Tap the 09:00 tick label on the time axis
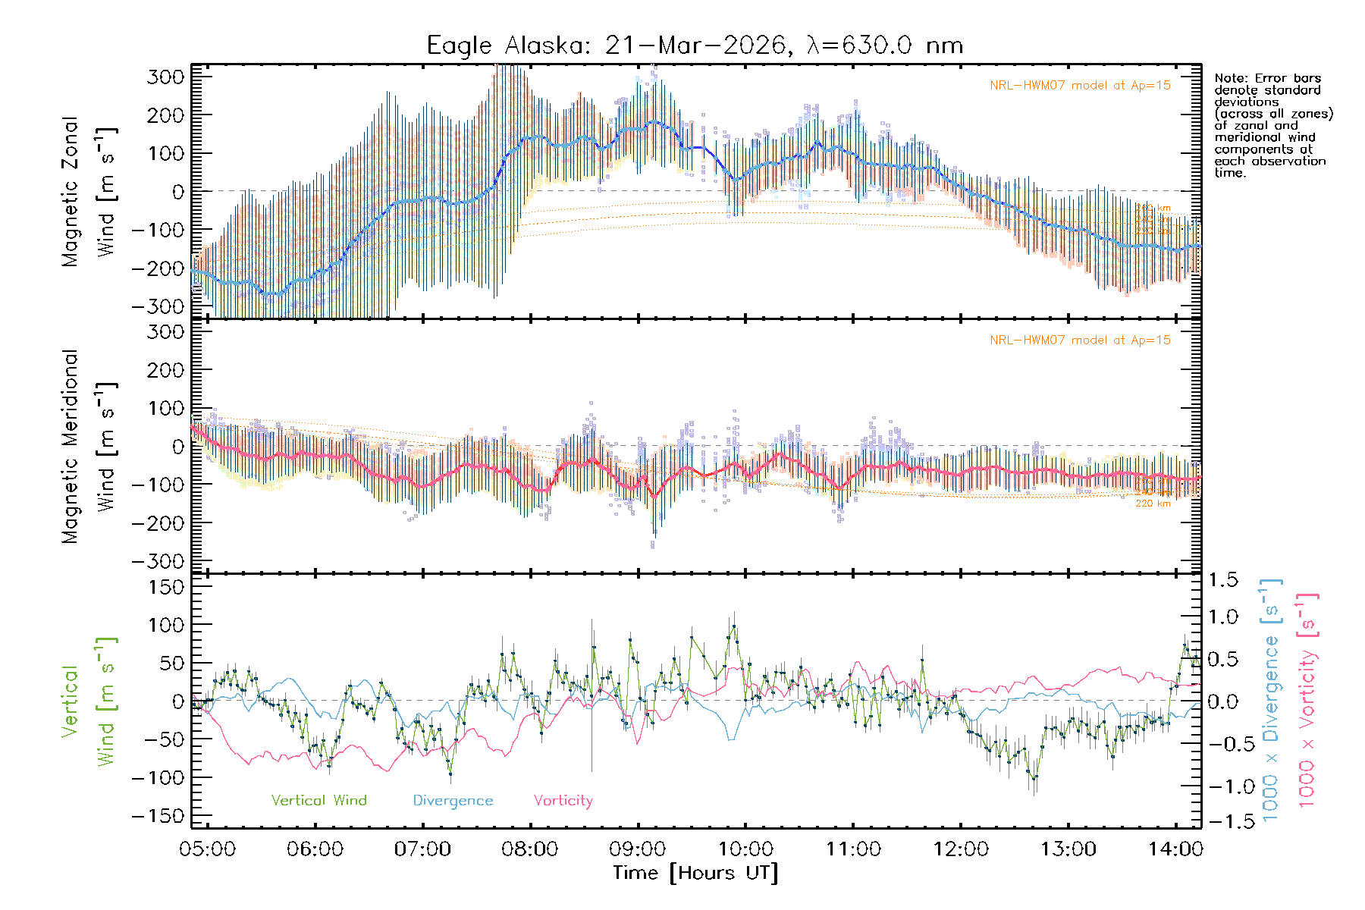[x=638, y=849]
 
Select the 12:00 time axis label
[x=960, y=849]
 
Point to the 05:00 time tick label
[x=207, y=849]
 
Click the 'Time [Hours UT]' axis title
[x=695, y=873]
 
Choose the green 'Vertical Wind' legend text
[x=318, y=800]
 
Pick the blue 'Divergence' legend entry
[x=453, y=800]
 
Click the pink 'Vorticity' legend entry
[x=563, y=800]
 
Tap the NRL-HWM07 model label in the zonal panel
[x=1080, y=86]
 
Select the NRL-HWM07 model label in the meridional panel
[x=1080, y=340]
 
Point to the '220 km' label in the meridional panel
[x=1153, y=503]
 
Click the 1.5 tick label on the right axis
[x=1222, y=580]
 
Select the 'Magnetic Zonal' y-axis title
[x=70, y=192]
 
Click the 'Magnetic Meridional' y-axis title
[x=70, y=447]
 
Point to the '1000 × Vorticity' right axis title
[x=1307, y=700]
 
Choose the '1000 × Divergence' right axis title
[x=1271, y=700]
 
